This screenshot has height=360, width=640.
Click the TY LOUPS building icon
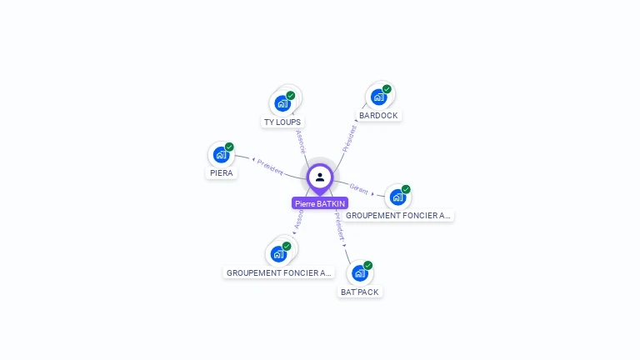(282, 104)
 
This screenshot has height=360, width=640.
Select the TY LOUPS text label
(282, 122)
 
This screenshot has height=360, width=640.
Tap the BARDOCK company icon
(378, 97)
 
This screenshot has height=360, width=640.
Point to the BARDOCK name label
(379, 116)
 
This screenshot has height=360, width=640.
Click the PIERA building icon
(221, 155)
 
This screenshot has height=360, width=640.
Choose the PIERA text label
(222, 173)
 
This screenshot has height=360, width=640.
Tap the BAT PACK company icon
(359, 273)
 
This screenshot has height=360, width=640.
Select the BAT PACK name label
(360, 292)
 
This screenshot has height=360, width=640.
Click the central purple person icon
(320, 177)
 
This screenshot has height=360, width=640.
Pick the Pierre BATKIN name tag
(320, 203)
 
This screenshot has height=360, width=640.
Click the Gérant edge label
(359, 188)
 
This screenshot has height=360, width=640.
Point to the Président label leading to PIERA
(269, 165)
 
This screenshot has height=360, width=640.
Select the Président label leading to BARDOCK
(350, 137)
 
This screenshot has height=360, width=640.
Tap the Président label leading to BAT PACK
(339, 226)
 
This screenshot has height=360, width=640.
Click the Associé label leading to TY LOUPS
(300, 140)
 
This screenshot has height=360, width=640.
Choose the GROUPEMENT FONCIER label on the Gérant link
(398, 216)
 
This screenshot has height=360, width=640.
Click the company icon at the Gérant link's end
(397, 197)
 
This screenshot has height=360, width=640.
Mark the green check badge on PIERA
(229, 147)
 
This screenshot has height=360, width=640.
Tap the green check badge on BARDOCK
(387, 89)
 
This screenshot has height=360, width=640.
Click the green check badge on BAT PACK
(367, 266)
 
